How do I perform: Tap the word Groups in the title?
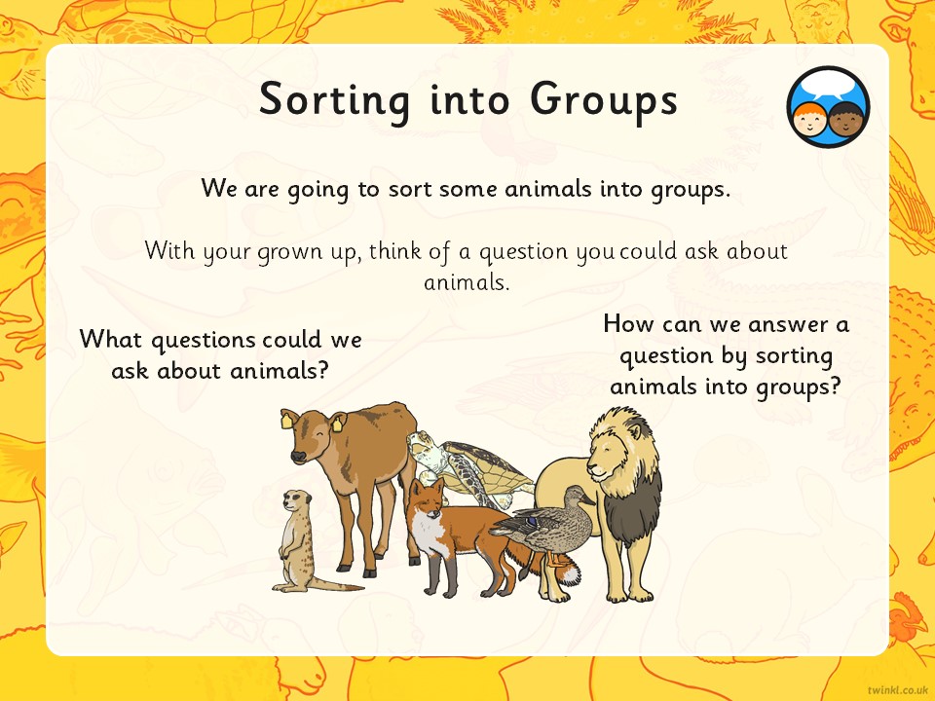[604, 100]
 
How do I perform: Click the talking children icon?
[828, 107]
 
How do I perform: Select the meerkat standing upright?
[296, 540]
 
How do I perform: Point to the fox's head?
[427, 498]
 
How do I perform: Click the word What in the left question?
[112, 339]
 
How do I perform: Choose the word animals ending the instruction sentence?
[467, 281]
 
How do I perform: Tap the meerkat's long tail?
[335, 585]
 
